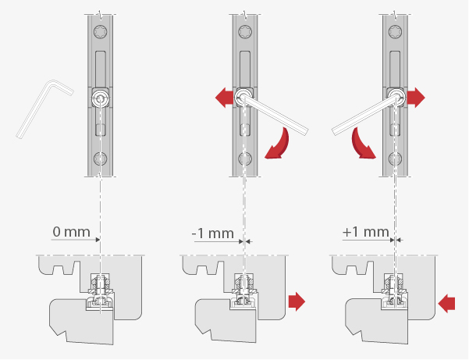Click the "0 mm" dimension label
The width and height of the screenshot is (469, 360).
71,232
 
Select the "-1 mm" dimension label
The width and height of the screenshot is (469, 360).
213,233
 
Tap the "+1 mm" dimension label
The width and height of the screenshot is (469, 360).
365,232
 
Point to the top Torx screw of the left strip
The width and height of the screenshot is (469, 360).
101,32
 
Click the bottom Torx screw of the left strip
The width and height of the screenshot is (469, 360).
101,159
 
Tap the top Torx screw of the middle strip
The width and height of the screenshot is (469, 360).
245,32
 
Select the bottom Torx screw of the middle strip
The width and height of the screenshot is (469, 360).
245,159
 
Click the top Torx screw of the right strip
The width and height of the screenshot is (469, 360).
395,32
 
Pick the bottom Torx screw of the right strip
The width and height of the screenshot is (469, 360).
395,159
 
